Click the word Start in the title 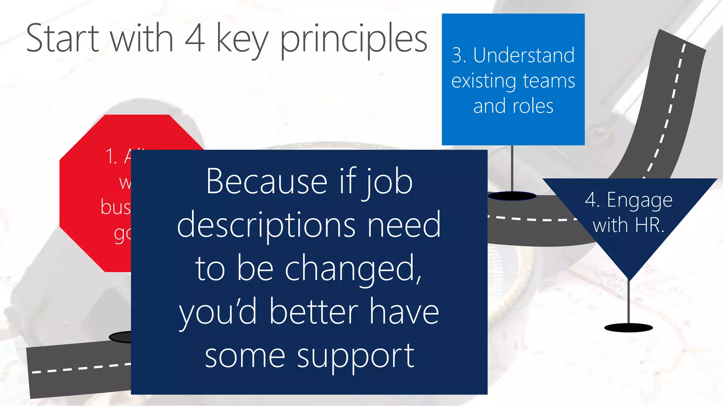pos(63,38)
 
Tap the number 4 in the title pos(195,38)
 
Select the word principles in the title pos(353,39)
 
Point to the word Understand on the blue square pos(524,55)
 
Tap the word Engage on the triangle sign pos(639,201)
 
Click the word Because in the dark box pos(267,182)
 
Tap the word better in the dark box pos(313,312)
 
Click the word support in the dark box pos(355,356)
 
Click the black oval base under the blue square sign pos(512,196)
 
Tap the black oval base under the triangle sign pos(628,328)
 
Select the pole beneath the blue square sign pos(512,168)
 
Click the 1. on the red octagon pos(111,157)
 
